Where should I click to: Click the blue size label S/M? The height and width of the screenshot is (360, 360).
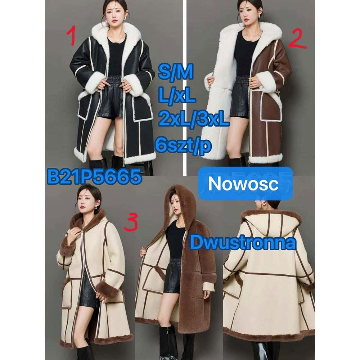(176, 72)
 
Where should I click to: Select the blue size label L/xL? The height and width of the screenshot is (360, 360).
(177, 96)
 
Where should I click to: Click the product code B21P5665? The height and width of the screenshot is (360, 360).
(94, 177)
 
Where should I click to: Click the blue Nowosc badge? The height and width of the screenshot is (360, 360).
(246, 184)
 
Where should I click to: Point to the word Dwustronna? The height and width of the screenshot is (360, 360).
(243, 243)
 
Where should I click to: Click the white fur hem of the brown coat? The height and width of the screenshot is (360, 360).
(265, 159)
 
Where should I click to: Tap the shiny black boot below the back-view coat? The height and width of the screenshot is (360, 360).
(261, 351)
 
